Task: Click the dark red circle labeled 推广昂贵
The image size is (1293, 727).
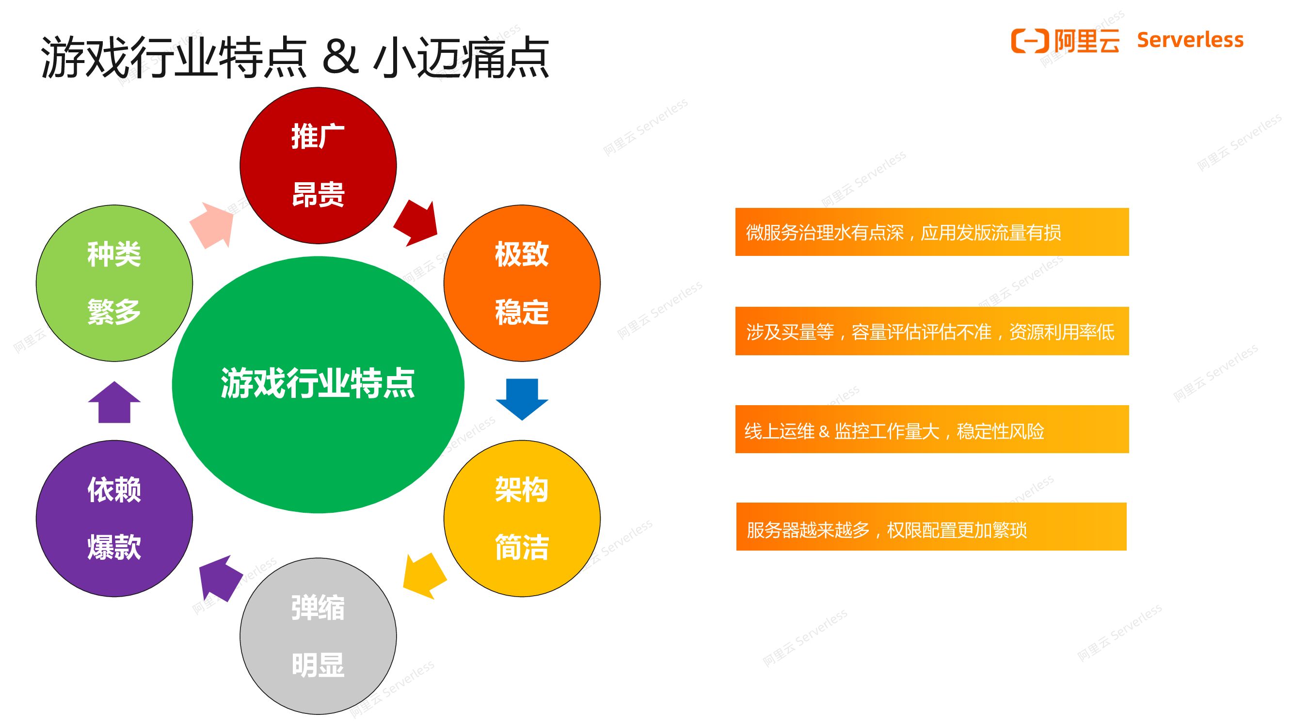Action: [318, 166]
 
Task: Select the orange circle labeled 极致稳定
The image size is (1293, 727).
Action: [522, 283]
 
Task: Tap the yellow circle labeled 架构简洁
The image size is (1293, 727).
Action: [522, 518]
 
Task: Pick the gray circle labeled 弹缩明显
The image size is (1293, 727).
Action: [318, 636]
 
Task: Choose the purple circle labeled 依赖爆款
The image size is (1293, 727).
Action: [114, 518]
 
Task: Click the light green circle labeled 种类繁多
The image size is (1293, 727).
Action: [114, 283]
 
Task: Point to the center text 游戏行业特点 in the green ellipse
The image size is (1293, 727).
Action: [318, 383]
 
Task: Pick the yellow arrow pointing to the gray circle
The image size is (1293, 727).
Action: [424, 575]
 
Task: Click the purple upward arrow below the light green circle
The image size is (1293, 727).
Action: [114, 402]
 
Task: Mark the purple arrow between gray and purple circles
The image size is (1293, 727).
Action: [219, 578]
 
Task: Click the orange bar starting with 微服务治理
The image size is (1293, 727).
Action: [932, 232]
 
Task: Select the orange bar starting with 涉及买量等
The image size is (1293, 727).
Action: [932, 331]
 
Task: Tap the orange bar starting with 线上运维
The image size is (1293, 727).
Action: [932, 429]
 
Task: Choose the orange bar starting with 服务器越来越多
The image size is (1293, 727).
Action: [931, 527]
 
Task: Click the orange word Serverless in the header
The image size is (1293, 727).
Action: [1190, 40]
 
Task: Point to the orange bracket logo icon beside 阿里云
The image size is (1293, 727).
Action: [1030, 41]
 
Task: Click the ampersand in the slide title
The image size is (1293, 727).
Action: [340, 56]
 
